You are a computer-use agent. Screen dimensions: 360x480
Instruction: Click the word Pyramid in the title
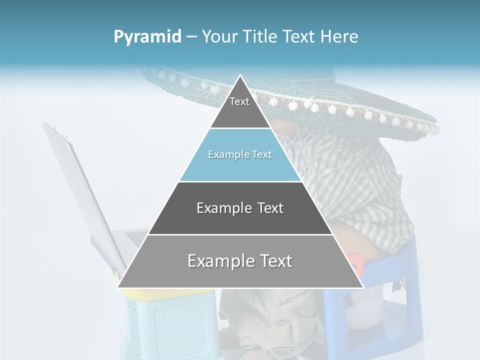[147, 37]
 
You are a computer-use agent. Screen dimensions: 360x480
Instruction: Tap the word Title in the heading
[262, 37]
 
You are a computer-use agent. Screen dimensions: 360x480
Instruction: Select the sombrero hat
[350, 105]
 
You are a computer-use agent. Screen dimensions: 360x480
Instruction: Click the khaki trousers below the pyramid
[270, 320]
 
